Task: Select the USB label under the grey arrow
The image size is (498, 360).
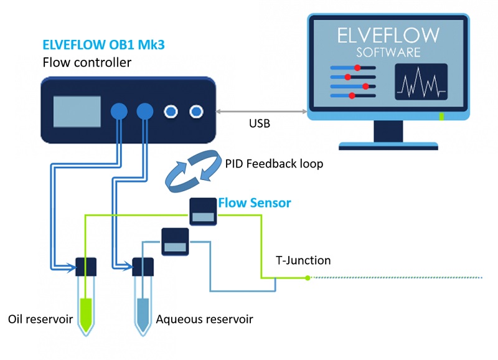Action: pyautogui.click(x=259, y=123)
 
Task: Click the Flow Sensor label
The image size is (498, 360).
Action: pyautogui.click(x=254, y=203)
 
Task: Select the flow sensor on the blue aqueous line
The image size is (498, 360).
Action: pyautogui.click(x=175, y=242)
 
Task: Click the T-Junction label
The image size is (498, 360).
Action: pyautogui.click(x=303, y=261)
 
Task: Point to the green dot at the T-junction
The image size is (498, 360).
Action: pyautogui.click(x=308, y=278)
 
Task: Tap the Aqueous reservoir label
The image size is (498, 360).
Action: pyautogui.click(x=204, y=320)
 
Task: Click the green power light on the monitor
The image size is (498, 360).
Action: pyautogui.click(x=441, y=116)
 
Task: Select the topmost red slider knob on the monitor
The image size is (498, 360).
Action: pyautogui.click(x=357, y=67)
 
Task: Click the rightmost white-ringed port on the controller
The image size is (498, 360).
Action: pyautogui.click(x=197, y=111)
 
